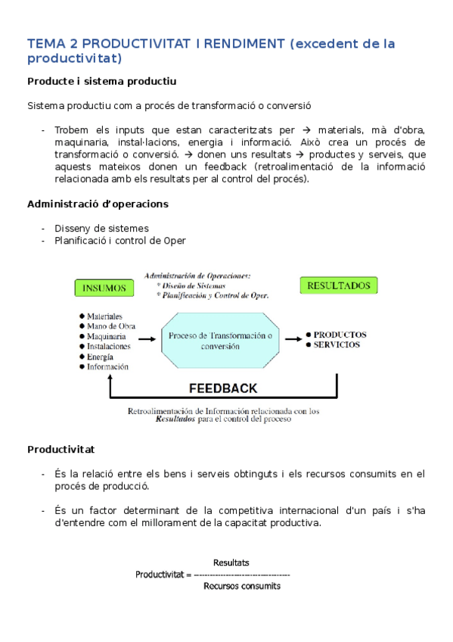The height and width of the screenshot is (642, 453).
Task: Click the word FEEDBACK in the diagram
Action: click(222, 388)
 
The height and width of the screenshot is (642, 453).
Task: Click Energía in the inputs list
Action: click(100, 357)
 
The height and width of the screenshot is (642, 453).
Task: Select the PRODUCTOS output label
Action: click(340, 334)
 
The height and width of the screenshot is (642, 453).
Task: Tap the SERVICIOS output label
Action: click(337, 344)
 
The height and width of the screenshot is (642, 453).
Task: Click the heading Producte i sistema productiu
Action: click(102, 81)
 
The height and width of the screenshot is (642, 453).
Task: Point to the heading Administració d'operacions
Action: click(98, 204)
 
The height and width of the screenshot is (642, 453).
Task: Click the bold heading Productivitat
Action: click(61, 449)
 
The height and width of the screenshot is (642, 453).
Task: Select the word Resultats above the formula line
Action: click(231, 563)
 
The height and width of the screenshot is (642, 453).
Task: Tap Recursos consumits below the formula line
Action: click(242, 586)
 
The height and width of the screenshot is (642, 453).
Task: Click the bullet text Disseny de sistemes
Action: click(101, 228)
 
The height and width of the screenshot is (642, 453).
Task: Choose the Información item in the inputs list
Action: click(107, 366)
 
